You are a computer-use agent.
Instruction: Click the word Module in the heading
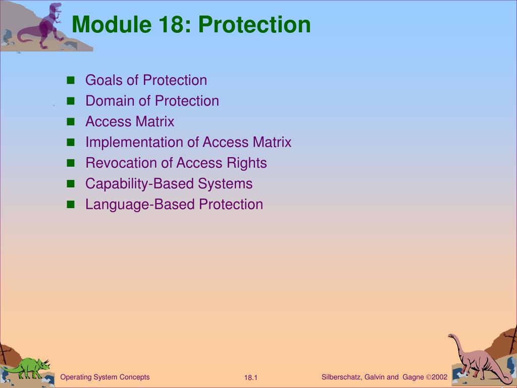[x=112, y=24]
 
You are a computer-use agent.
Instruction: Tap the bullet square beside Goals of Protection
[x=71, y=80]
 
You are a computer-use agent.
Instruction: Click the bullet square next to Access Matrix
[x=71, y=122]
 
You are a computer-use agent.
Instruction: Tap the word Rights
[x=246, y=163]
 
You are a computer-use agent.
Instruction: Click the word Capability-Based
[x=139, y=184]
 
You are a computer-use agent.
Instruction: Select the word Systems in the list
[x=225, y=184]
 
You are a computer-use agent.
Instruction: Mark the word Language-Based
[x=140, y=205]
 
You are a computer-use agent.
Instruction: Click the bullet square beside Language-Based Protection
[x=71, y=205]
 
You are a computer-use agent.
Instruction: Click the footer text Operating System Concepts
[x=105, y=377]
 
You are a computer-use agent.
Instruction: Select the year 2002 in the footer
[x=440, y=377]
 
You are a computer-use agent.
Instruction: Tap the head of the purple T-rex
[x=56, y=7]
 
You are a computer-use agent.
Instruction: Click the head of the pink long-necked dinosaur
[x=451, y=336]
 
